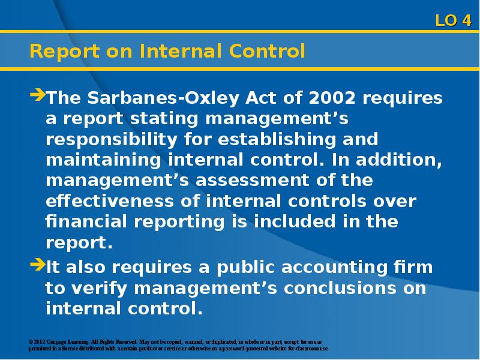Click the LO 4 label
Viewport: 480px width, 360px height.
(453, 20)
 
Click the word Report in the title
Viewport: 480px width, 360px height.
(65, 51)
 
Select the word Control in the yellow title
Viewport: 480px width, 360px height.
(267, 51)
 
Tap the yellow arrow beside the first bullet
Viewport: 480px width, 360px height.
(38, 94)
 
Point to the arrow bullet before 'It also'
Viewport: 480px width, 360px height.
(38, 265)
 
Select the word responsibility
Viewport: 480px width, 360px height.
(112, 140)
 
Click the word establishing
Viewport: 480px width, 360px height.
(277, 140)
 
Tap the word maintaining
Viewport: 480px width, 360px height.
(103, 160)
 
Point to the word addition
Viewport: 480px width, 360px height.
(399, 160)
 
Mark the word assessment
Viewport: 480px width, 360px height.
(252, 181)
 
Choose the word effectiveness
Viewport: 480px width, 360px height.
(110, 201)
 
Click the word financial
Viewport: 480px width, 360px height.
(86, 221)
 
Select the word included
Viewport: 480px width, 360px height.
(295, 221)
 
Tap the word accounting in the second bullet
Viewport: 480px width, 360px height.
(334, 268)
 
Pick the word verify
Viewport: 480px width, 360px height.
(100, 289)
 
